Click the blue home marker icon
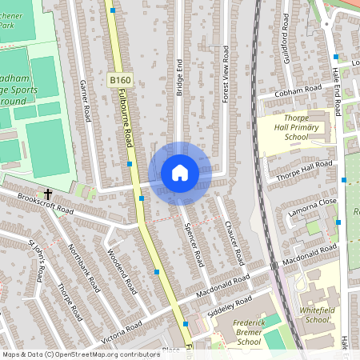coord(180,173)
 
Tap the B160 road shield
coord(119,80)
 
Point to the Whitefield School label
coord(317,314)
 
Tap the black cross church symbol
coord(48,194)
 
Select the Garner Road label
coord(86,98)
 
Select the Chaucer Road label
coord(234,243)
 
